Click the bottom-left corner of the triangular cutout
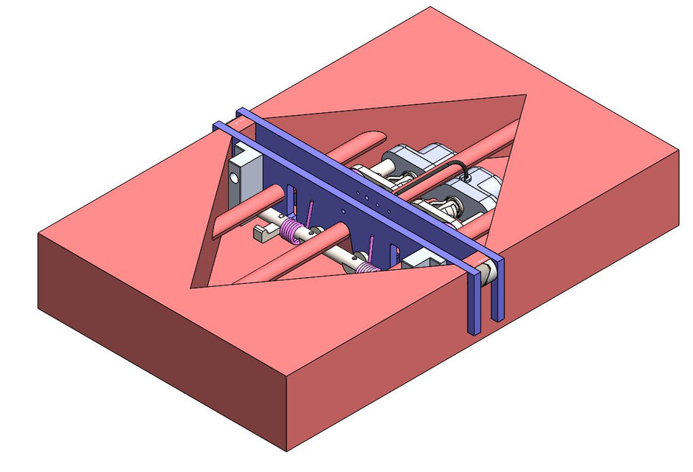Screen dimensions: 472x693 point(193,286)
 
